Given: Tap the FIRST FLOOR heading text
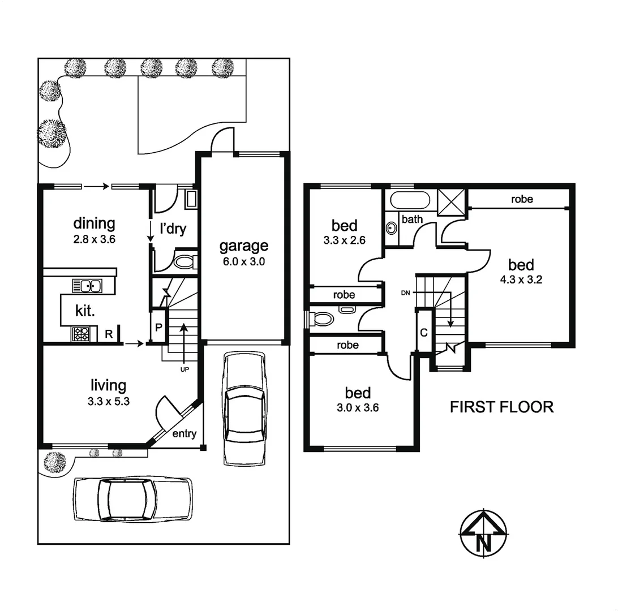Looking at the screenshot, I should [x=501, y=407].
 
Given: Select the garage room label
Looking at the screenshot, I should [x=243, y=246].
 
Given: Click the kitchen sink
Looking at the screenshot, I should [x=88, y=286].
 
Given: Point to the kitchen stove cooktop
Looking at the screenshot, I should [x=80, y=334].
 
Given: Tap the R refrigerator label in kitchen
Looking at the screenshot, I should [x=109, y=334].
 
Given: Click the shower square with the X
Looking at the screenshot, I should [x=452, y=201].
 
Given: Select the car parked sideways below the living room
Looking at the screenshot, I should [x=132, y=498].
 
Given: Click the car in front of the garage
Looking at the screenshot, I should [x=244, y=407].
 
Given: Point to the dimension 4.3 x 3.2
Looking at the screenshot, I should [x=521, y=279].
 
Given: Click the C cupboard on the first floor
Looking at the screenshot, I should [x=423, y=332].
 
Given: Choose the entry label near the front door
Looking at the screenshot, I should [x=184, y=434].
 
